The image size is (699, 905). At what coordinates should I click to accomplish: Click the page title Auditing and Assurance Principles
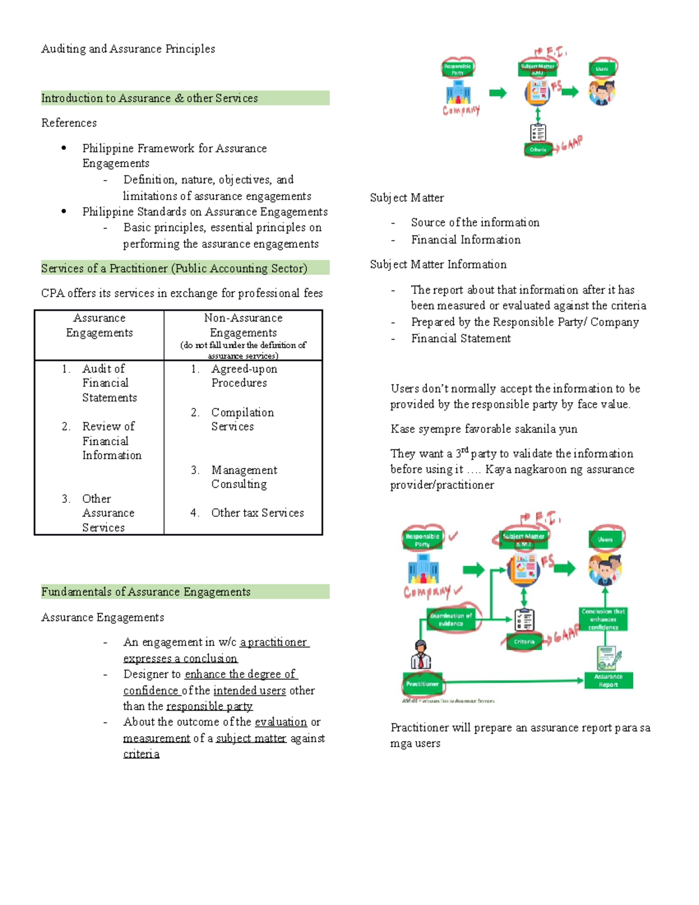pos(128,49)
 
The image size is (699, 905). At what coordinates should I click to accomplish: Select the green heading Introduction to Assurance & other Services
pos(150,98)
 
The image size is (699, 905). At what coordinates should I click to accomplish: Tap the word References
pos(69,123)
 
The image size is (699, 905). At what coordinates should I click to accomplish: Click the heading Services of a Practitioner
pos(174,269)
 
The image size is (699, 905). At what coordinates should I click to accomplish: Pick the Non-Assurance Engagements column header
pos(243,326)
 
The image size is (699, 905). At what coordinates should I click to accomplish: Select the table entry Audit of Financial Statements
pos(109,383)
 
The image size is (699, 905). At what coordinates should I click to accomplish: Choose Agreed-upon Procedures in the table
pos(243,376)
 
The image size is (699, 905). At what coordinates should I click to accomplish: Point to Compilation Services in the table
pos(242,420)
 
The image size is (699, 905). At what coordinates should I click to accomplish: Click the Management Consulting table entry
pos(243,477)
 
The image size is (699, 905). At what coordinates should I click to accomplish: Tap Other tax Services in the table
pos(257,513)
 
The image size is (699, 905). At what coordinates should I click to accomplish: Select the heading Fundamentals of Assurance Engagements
pos(146,592)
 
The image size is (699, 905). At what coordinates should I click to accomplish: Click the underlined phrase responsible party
pos(209,706)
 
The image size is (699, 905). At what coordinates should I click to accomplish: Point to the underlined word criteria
pos(141,754)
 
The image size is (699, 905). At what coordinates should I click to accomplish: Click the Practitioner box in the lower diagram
pos(422,684)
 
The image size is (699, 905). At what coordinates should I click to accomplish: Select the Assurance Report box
pos(608,681)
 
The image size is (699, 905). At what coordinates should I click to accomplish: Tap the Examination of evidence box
pos(451,619)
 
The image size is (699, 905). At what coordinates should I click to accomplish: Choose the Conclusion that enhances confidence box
pos(603,619)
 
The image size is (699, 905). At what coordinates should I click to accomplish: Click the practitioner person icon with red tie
pos(421,654)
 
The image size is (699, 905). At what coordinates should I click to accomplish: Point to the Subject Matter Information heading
pos(438,265)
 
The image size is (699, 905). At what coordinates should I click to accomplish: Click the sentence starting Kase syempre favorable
pos(483,429)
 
